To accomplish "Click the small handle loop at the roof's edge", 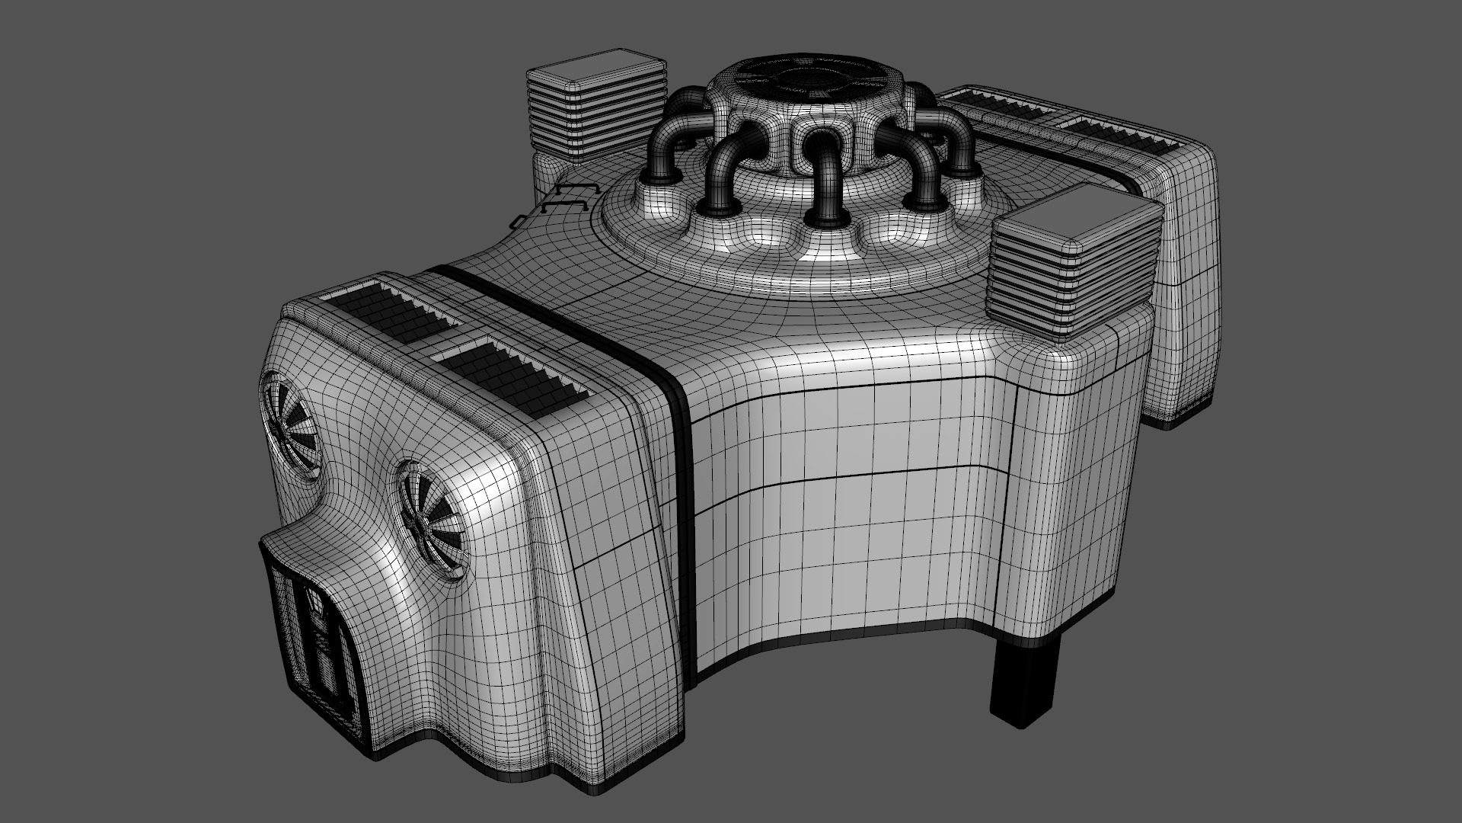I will (x=519, y=221).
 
